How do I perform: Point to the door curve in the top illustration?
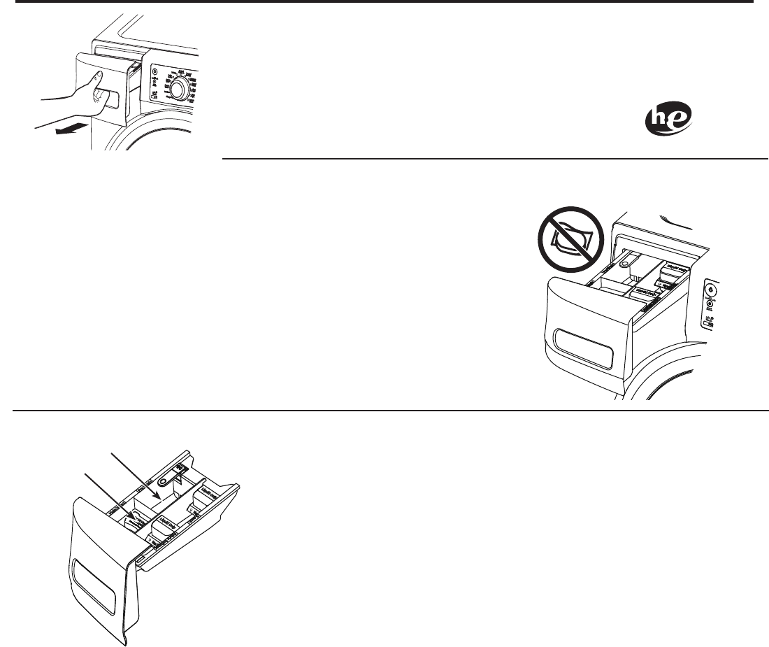click(168, 140)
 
